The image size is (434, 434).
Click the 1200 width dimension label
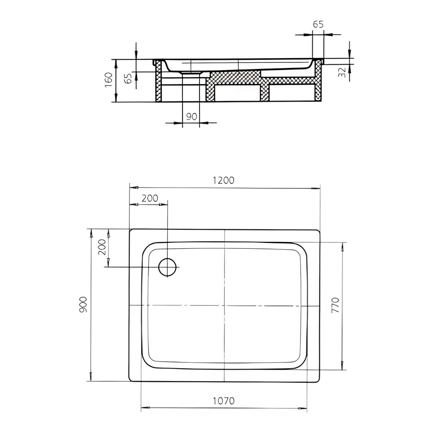click(223, 180)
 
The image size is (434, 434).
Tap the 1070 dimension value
click(224, 401)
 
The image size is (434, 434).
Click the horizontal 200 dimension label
click(150, 198)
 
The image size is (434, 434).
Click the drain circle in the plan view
click(168, 267)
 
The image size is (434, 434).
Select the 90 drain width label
click(192, 117)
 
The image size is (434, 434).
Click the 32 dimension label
click(342, 72)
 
